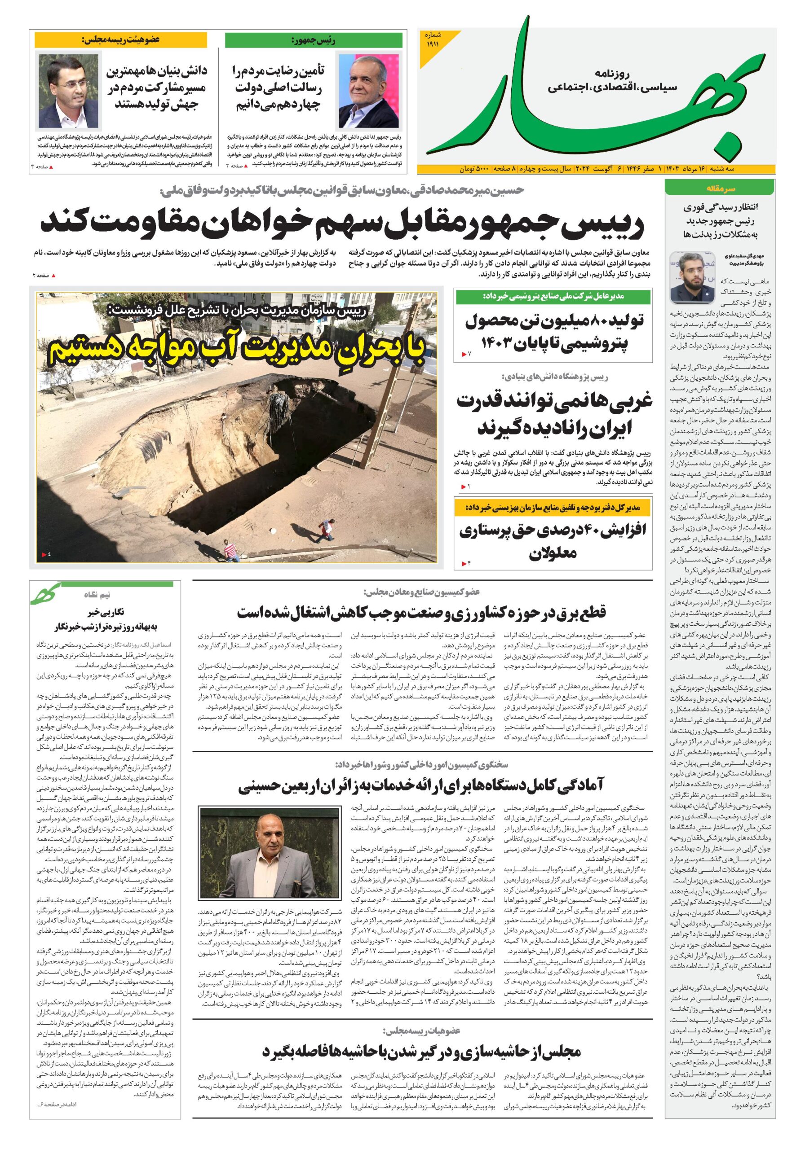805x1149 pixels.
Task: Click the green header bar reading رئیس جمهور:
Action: (x=314, y=40)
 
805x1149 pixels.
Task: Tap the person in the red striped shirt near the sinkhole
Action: (x=230, y=550)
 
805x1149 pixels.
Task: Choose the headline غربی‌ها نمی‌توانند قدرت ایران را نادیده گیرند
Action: (x=554, y=413)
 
